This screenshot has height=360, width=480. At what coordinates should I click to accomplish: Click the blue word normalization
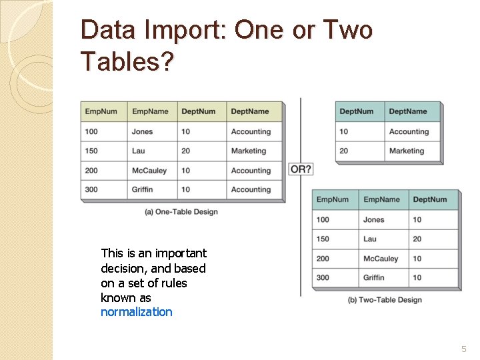click(x=136, y=312)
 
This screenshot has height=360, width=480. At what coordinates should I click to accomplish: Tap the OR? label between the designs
click(x=301, y=169)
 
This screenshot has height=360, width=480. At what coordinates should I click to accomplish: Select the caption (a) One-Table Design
click(x=181, y=212)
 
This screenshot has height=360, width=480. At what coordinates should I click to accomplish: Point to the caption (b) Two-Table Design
click(x=385, y=300)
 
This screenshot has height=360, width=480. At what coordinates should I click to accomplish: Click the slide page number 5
click(x=464, y=349)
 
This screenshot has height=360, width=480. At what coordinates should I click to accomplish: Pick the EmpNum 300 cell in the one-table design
click(x=91, y=189)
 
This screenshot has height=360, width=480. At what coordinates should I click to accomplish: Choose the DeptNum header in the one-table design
click(x=199, y=111)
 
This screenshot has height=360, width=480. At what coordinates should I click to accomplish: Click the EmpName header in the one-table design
click(x=150, y=111)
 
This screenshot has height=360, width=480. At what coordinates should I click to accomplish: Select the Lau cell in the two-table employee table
click(x=370, y=239)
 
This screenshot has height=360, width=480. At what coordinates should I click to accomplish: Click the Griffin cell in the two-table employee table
click(x=374, y=277)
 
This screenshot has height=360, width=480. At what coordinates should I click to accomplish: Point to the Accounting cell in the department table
click(x=409, y=131)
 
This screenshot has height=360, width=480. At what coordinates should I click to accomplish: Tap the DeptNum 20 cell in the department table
click(x=344, y=151)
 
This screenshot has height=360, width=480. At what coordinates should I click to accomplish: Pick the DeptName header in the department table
click(x=408, y=111)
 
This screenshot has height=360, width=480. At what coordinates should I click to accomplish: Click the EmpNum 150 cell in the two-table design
click(x=323, y=239)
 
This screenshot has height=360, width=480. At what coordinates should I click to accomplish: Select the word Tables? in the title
click(x=127, y=62)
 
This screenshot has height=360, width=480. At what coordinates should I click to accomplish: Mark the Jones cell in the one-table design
click(x=142, y=131)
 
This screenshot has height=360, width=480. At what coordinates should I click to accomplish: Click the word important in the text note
click(x=181, y=253)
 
